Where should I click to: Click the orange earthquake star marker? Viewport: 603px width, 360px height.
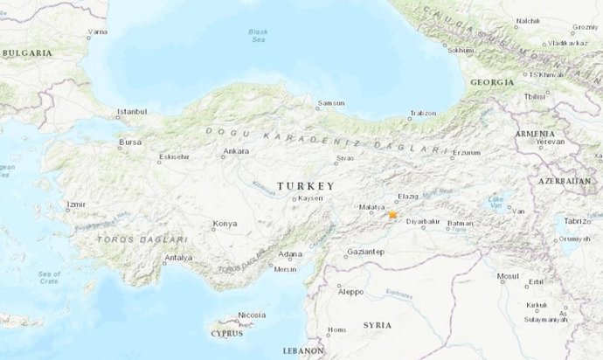coord(393,214)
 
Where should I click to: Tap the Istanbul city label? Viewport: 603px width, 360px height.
coord(133,113)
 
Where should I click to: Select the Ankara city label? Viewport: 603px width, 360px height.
coord(237,151)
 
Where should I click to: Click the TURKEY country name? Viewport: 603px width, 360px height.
coord(305,186)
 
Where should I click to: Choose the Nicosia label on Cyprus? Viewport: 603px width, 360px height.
coord(252,315)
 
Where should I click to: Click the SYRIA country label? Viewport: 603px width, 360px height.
coord(378,325)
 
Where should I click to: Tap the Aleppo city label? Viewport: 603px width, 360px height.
coord(350,291)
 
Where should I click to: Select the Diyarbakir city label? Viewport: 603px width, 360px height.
coord(422,222)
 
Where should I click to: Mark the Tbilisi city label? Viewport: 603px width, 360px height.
coord(535,97)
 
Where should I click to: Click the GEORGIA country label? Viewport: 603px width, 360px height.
coord(491,81)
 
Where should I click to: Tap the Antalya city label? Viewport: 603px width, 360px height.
coord(178,258)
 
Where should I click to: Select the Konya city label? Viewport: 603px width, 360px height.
coord(225,223)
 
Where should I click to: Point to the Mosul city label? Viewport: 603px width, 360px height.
coord(507,276)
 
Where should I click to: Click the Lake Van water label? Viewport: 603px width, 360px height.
coord(496,203)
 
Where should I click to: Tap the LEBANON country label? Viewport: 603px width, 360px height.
coord(303,350)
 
